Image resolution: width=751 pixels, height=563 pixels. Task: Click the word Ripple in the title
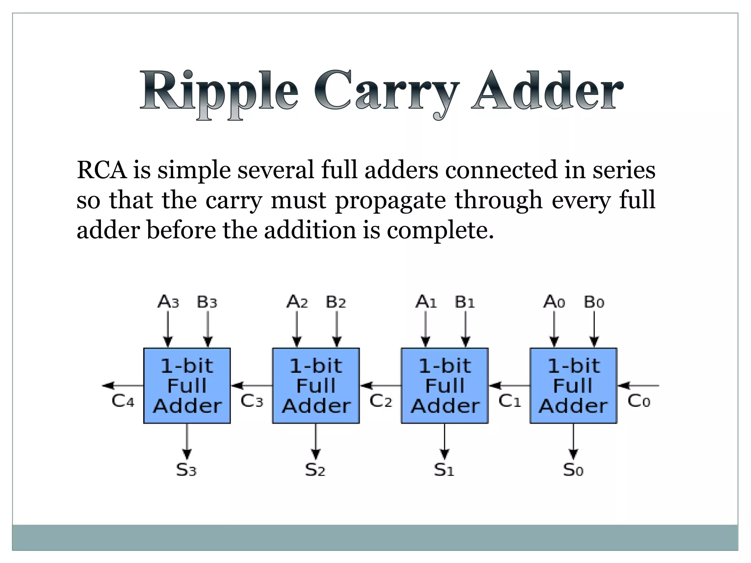[x=219, y=92]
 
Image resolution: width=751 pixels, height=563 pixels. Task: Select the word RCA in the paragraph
[x=102, y=170]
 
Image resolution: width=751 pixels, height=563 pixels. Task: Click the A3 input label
[x=168, y=302]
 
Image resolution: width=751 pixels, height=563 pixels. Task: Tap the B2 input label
[x=336, y=302]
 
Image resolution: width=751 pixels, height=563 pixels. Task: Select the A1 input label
[x=426, y=302]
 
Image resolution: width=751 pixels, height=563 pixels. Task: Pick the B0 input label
[x=594, y=302]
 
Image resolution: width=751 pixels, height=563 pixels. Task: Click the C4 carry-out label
[x=123, y=401]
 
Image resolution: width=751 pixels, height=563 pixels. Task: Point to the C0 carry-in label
[x=639, y=401]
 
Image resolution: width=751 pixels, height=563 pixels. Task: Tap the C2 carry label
[x=381, y=401]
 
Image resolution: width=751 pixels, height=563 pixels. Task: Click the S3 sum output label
[x=186, y=470]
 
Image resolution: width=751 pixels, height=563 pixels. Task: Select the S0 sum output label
[x=573, y=470]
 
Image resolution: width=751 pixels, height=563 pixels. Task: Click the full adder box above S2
[x=316, y=386]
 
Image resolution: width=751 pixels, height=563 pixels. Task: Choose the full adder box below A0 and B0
[x=574, y=386]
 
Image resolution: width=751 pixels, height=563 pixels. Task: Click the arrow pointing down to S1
[x=444, y=441]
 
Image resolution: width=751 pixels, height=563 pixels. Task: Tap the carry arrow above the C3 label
[x=252, y=386]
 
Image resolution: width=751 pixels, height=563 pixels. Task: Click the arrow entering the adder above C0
[x=638, y=386]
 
